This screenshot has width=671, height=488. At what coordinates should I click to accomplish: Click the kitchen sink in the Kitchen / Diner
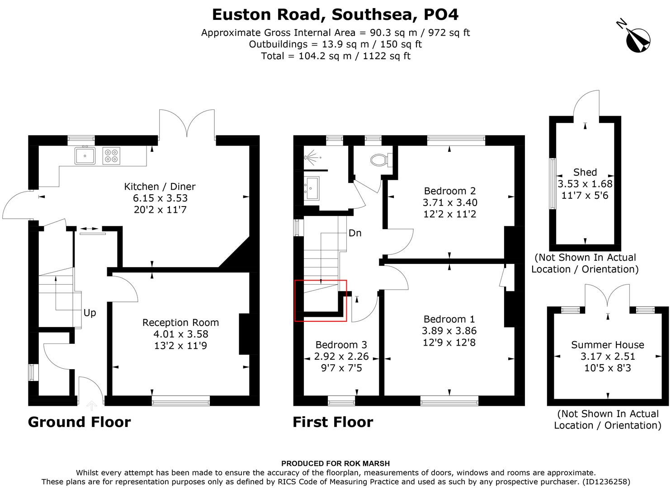[x=85, y=156]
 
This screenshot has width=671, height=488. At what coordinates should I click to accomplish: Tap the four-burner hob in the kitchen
[x=112, y=156]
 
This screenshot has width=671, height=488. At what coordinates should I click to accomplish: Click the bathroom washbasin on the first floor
[x=312, y=188]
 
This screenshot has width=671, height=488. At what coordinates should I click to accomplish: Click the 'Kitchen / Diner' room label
[x=160, y=186]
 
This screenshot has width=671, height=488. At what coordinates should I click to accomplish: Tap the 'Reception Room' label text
[x=180, y=323]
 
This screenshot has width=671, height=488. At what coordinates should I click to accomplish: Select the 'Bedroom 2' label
[x=449, y=191]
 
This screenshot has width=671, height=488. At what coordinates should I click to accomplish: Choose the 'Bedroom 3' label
[x=341, y=345]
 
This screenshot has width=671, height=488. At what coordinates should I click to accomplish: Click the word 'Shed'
[x=585, y=172]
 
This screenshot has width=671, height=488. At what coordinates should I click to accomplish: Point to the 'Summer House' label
[x=607, y=345]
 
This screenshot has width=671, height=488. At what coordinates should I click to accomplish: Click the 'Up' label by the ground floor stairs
[x=90, y=313]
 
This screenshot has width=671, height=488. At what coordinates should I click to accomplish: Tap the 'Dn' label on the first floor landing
[x=354, y=233]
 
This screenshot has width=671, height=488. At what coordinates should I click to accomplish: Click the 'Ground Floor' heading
[x=79, y=422]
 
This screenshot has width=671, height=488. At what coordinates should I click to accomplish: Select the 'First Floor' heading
[x=333, y=422]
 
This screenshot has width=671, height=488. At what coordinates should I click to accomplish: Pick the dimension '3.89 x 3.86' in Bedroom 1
[x=449, y=331]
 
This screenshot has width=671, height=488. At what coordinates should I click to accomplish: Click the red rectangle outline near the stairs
[x=321, y=300]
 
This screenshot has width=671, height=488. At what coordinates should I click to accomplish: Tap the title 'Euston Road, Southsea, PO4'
[x=335, y=14]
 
